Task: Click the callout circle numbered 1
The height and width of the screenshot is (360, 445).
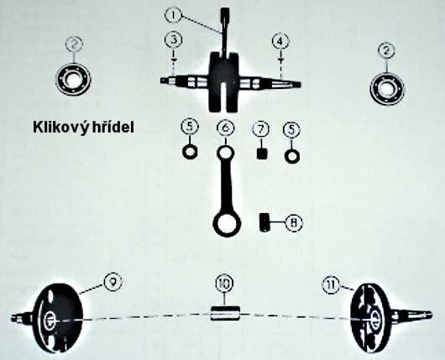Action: pyautogui.click(x=173, y=15)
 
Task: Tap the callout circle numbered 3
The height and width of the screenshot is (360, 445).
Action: pyautogui.click(x=174, y=40)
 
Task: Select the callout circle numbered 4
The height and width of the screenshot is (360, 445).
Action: pyautogui.click(x=280, y=41)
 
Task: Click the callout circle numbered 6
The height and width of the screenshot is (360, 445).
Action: pyautogui.click(x=226, y=128)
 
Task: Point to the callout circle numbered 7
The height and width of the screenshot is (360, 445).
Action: pyautogui.click(x=261, y=129)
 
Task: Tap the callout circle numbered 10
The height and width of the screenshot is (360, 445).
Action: pyautogui.click(x=224, y=284)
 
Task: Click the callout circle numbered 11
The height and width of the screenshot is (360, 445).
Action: pyautogui.click(x=332, y=284)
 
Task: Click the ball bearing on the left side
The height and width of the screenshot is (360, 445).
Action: pyautogui.click(x=73, y=77)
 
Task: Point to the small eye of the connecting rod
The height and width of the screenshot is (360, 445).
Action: pyautogui.click(x=226, y=153)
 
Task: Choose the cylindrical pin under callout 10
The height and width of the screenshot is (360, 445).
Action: pyautogui.click(x=225, y=314)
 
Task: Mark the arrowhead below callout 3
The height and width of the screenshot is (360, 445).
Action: pyautogui.click(x=174, y=60)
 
